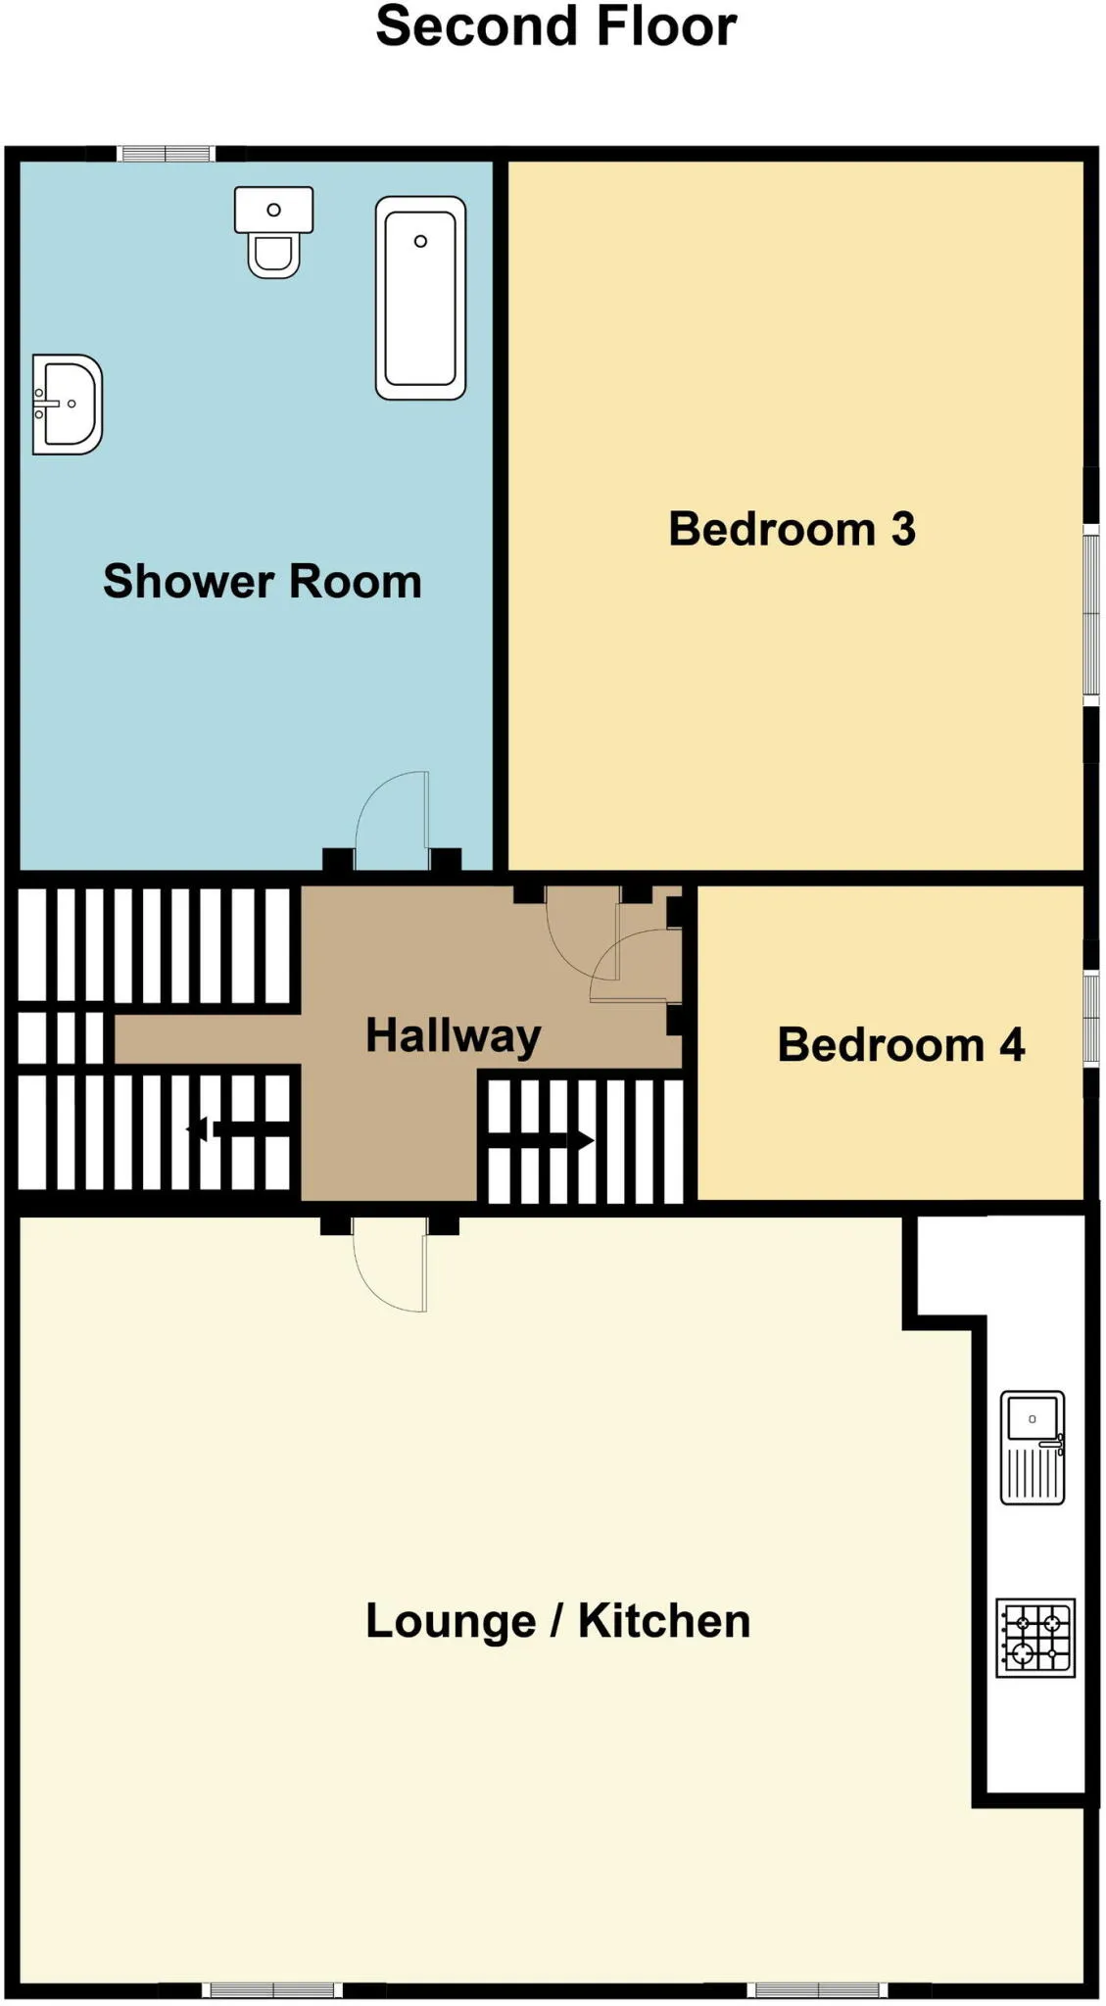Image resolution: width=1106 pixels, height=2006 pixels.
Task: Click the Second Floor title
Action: tap(555, 26)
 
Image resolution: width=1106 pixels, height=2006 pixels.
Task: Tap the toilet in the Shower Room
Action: tap(273, 232)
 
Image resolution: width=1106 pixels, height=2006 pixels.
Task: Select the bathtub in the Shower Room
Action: tap(420, 298)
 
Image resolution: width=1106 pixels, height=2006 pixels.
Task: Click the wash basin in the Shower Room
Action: tap(67, 405)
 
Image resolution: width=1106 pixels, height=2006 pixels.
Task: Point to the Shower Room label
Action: tap(263, 581)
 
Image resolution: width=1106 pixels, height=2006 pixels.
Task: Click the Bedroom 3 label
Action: tap(792, 529)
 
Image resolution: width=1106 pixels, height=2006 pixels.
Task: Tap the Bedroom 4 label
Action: tap(901, 1044)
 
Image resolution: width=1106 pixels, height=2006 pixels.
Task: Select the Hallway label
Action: tap(453, 1036)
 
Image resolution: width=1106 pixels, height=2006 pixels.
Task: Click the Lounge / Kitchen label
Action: tap(557, 1620)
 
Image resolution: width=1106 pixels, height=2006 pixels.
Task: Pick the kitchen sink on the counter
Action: tap(1033, 1447)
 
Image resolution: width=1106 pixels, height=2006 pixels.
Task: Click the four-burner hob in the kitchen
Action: tap(1035, 1638)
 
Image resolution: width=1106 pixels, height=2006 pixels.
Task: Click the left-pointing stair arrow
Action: tap(239, 1130)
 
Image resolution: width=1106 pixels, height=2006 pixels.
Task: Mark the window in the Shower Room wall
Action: tap(166, 154)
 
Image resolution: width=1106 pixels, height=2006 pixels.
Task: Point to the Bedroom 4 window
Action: tap(1091, 1018)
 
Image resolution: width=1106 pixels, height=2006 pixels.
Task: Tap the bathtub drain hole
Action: tap(420, 241)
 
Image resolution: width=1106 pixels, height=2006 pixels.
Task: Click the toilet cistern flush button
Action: tap(274, 210)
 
